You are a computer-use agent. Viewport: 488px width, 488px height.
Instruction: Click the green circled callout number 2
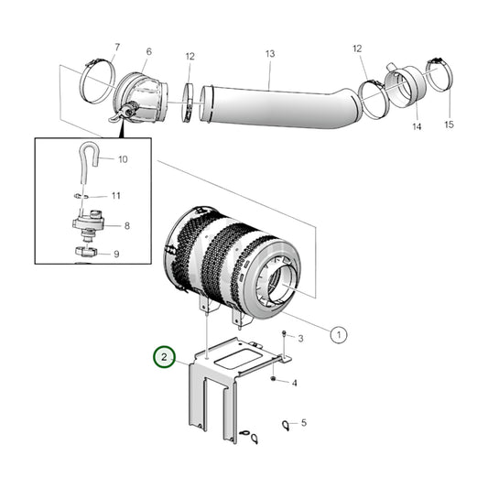tap(164, 357)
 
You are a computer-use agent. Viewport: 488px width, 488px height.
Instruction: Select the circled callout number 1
tap(338, 335)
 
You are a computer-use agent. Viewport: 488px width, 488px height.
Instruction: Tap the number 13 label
tap(270, 54)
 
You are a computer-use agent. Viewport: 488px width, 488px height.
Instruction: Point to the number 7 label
tap(116, 47)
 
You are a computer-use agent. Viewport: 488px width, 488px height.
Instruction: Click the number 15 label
tap(449, 124)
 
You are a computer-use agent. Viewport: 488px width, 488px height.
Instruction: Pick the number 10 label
tap(123, 159)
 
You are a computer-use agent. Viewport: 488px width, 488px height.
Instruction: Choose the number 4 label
tap(294, 383)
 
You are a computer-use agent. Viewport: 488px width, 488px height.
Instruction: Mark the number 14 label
tap(417, 126)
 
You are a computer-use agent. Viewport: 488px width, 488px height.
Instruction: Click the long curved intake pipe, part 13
tap(275, 104)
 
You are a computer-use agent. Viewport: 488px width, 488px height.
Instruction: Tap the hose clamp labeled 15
tap(438, 78)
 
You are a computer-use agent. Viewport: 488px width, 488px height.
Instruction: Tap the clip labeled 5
tap(286, 424)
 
